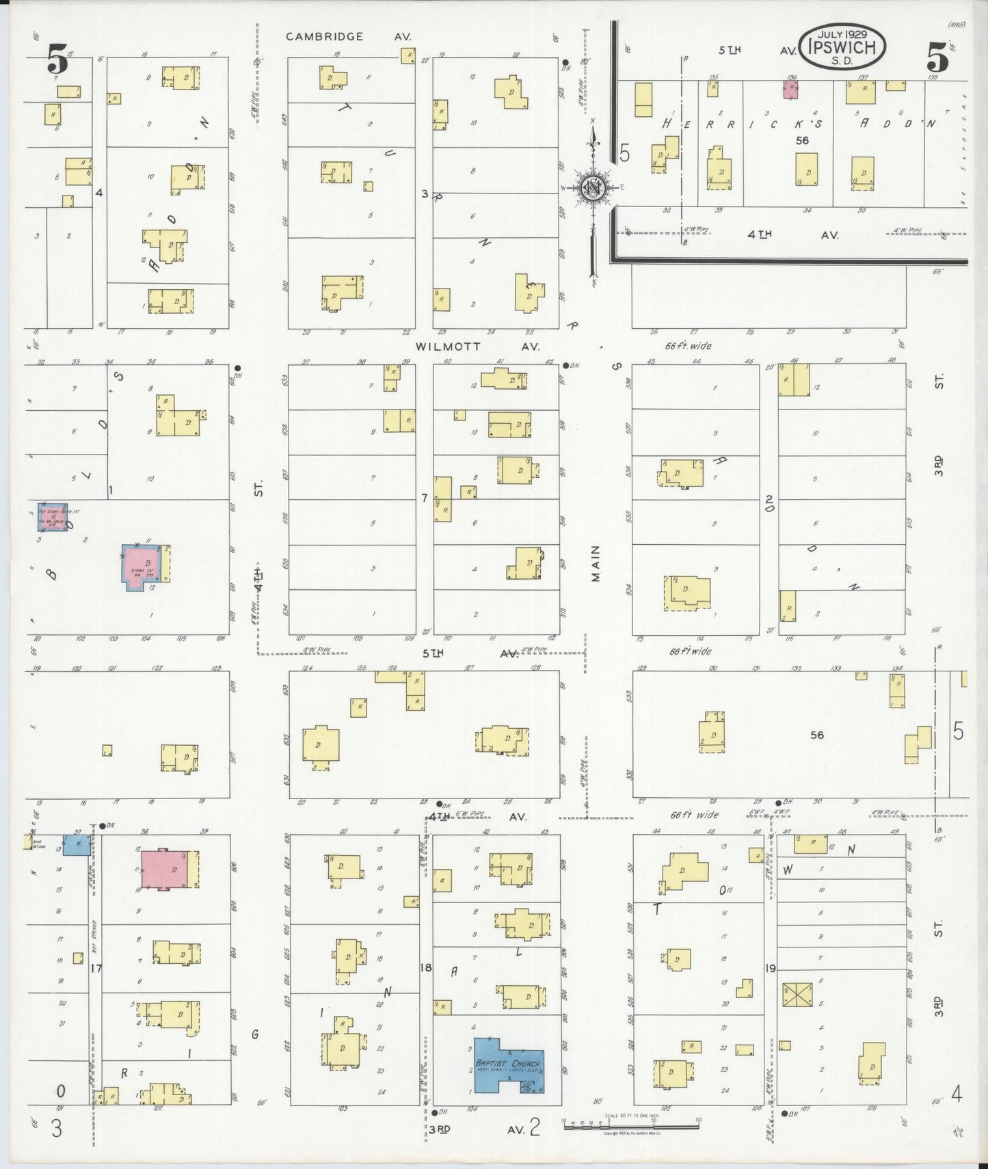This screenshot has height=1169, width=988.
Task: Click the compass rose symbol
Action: [593, 188]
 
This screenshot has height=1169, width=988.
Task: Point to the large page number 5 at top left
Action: [58, 59]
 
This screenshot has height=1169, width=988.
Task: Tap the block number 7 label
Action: [425, 498]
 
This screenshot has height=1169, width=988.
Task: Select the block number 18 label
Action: [426, 967]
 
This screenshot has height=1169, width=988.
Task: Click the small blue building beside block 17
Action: [77, 844]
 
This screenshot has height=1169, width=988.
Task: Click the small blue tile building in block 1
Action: [52, 518]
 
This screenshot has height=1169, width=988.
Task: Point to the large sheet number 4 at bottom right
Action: [956, 1095]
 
